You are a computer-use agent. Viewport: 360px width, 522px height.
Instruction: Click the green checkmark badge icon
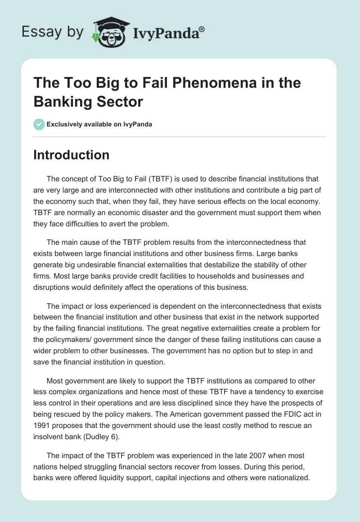coord(39,124)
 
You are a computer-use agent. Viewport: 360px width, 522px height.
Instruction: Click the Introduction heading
coord(72,155)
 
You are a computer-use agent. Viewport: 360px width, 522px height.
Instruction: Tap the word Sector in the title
coord(120,102)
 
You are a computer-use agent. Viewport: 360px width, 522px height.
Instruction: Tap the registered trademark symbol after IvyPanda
coord(202,28)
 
